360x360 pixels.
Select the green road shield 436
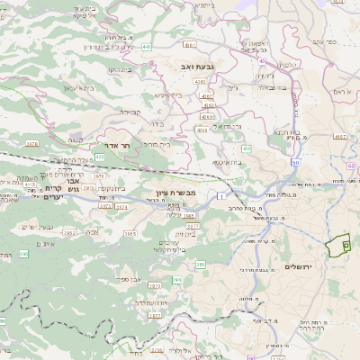[246, 148]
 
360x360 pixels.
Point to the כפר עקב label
[325, 40]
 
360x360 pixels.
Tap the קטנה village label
[75, 140]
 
